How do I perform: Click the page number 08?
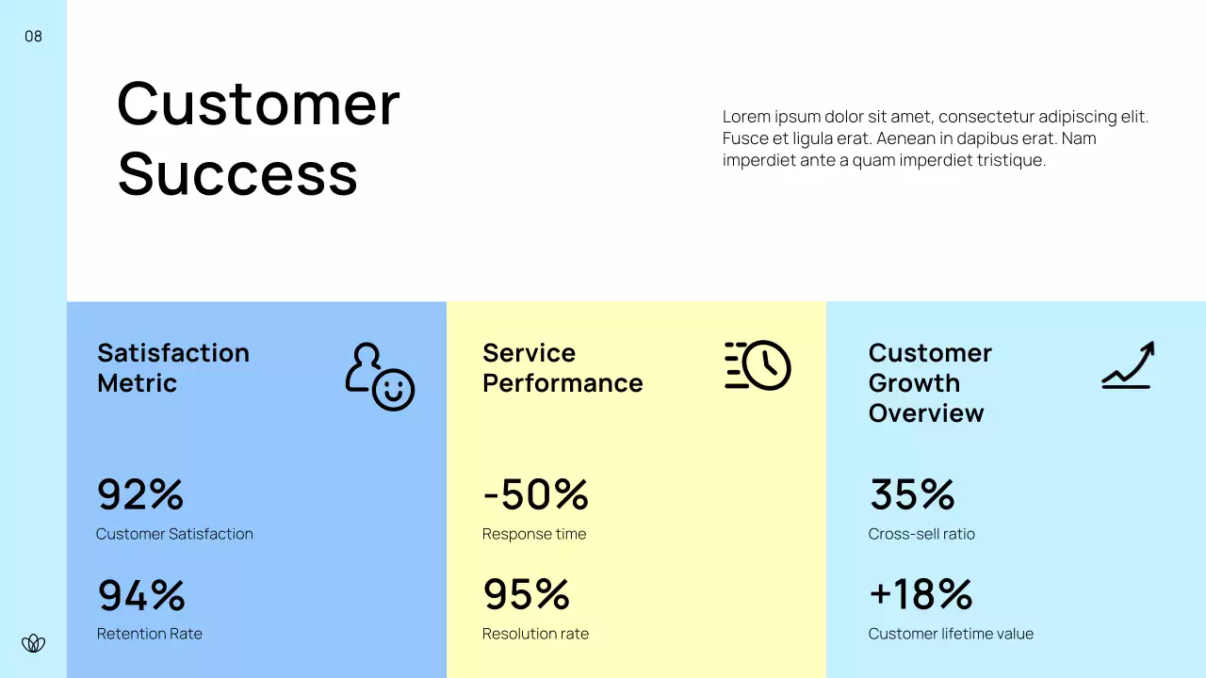click(x=33, y=37)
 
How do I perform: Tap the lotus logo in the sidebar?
click(x=33, y=643)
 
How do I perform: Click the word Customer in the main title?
click(x=258, y=104)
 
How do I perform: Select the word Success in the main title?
click(x=237, y=174)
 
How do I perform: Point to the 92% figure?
click(x=140, y=494)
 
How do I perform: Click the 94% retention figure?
click(x=141, y=595)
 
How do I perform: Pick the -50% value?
click(x=535, y=494)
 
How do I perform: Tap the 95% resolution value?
click(x=526, y=595)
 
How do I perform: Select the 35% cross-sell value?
click(x=911, y=494)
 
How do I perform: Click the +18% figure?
click(x=920, y=595)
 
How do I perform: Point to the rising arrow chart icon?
click(x=1128, y=365)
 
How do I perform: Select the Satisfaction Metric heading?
click(x=173, y=367)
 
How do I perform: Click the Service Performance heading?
click(x=562, y=367)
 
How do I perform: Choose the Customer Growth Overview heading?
click(x=929, y=382)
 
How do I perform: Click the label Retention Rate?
click(x=149, y=634)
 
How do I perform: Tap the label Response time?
click(x=533, y=534)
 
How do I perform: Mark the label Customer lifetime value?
click(x=950, y=634)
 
